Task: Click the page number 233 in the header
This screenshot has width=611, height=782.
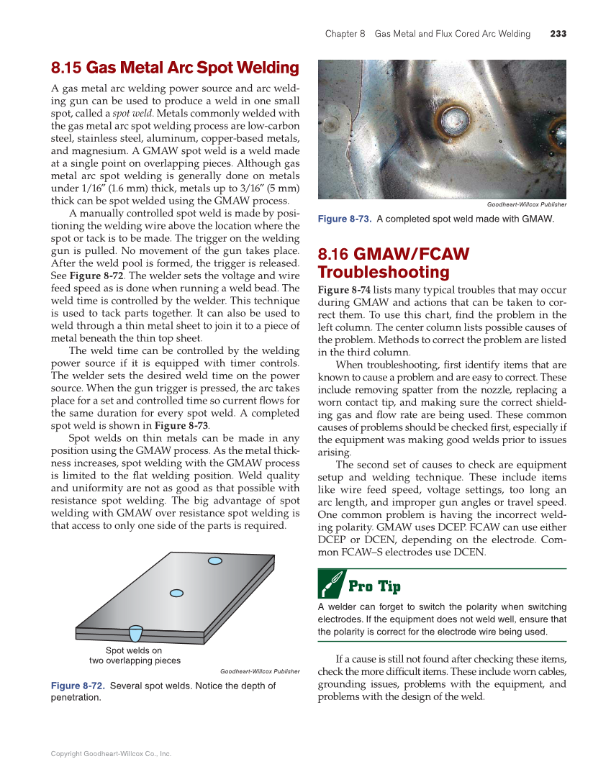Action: tap(558, 34)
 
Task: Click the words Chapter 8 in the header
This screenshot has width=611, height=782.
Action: tap(345, 34)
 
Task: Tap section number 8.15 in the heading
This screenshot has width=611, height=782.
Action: tap(65, 68)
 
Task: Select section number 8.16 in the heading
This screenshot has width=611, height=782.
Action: tap(333, 254)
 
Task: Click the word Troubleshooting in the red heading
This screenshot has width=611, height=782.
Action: tap(384, 272)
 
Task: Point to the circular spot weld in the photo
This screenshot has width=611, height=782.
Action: tap(455, 117)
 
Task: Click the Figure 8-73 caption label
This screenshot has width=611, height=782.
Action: tap(344, 219)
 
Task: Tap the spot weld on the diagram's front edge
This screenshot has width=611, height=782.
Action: tap(135, 633)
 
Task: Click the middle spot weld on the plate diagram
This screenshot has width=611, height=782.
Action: tap(176, 593)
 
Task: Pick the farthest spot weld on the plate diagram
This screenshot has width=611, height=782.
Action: tap(214, 560)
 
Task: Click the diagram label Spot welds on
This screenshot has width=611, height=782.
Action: tap(134, 650)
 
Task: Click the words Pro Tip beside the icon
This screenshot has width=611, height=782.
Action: tap(374, 586)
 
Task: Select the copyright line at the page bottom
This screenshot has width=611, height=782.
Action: tap(111, 754)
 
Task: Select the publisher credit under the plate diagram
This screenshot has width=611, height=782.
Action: tap(259, 671)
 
